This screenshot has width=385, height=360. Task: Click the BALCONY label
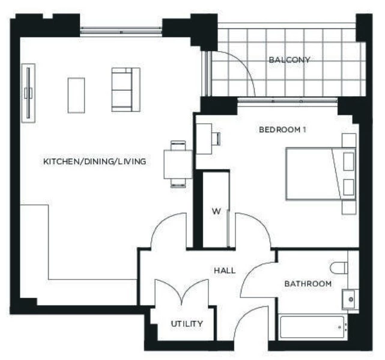click(290, 60)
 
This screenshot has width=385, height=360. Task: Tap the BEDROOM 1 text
click(283, 130)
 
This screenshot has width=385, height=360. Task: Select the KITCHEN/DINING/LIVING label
click(94, 162)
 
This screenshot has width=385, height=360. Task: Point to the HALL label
click(225, 270)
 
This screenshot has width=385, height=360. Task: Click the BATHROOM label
click(308, 283)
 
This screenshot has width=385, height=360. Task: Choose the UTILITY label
click(187, 323)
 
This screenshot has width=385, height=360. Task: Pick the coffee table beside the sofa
click(76, 94)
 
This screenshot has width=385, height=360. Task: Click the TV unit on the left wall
click(27, 93)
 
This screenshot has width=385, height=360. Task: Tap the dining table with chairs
click(178, 164)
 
